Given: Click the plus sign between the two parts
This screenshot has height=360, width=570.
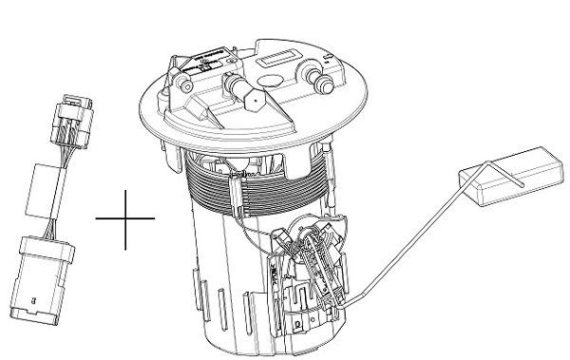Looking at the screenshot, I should point(124,218).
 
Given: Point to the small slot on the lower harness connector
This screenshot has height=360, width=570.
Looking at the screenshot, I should point(31,307).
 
